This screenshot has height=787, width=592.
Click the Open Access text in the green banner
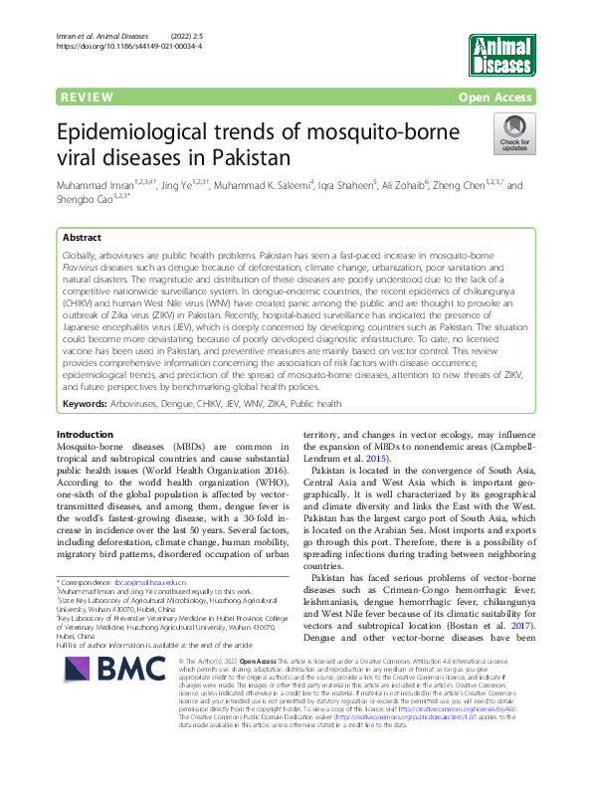tap(496, 98)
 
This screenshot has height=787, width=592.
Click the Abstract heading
tap(82, 239)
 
